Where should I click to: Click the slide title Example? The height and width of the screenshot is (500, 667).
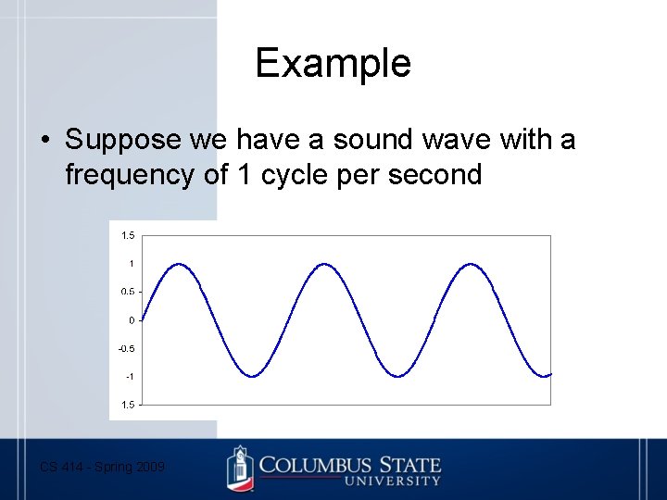[333, 64]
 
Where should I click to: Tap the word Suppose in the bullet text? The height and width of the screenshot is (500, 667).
[122, 141]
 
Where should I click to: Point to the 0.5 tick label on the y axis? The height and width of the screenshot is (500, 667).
[128, 292]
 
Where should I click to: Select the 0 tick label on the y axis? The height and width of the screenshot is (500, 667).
[132, 320]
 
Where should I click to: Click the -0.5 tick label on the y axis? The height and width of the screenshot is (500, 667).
[127, 348]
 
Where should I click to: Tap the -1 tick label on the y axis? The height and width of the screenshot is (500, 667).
[130, 377]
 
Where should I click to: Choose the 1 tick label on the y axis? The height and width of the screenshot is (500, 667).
[132, 264]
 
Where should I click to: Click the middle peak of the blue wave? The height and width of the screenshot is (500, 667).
[325, 265]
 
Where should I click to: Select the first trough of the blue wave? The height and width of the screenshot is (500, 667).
[252, 376]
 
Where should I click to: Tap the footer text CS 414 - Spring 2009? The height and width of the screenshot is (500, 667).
[103, 468]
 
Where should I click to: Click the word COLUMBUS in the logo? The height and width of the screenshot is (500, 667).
[315, 464]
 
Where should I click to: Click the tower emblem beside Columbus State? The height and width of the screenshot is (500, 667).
[240, 469]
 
